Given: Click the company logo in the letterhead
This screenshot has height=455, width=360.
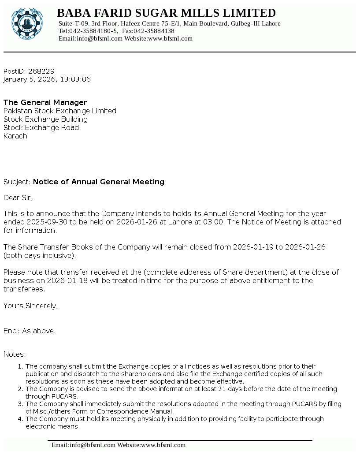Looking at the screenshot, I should point(27,23).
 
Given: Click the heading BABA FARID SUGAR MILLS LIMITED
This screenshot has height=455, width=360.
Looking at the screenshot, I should point(167,13).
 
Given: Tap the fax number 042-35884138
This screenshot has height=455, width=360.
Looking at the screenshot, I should point(154,31).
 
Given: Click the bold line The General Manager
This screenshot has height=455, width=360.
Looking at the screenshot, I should point(45,102).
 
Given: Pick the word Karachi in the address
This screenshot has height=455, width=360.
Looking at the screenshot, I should point(16,136).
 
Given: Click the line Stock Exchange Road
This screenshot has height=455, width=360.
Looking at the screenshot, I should point(41,127).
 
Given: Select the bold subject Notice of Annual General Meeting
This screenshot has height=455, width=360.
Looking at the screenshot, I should point(99,182).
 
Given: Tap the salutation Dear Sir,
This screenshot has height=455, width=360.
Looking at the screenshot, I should point(18,198).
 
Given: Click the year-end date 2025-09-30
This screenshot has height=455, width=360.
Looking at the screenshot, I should point(47,222).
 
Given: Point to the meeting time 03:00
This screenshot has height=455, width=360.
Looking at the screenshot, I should point(214,222).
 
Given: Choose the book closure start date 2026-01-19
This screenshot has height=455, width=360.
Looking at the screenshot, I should point(253,247).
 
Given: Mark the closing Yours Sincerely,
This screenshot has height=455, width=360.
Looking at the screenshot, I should point(30,306).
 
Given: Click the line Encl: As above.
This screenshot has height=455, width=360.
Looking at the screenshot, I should point(30,331).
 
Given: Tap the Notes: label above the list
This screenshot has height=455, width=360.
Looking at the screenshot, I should point(15,354).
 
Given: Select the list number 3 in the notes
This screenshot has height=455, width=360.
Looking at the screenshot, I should point(19,404).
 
